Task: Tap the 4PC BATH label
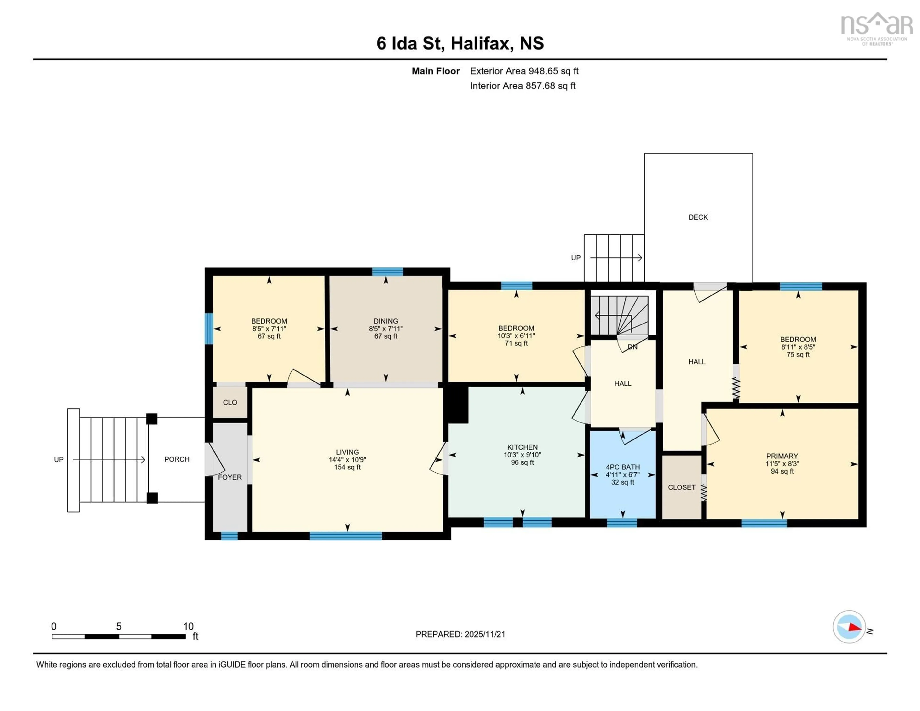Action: click(x=623, y=467)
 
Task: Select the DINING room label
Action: click(x=385, y=321)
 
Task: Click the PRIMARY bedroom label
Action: click(x=782, y=456)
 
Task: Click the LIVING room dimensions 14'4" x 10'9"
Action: click(x=347, y=460)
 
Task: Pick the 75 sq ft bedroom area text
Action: click(x=798, y=354)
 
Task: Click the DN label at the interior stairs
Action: click(x=632, y=347)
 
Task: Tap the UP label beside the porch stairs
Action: click(x=58, y=459)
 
